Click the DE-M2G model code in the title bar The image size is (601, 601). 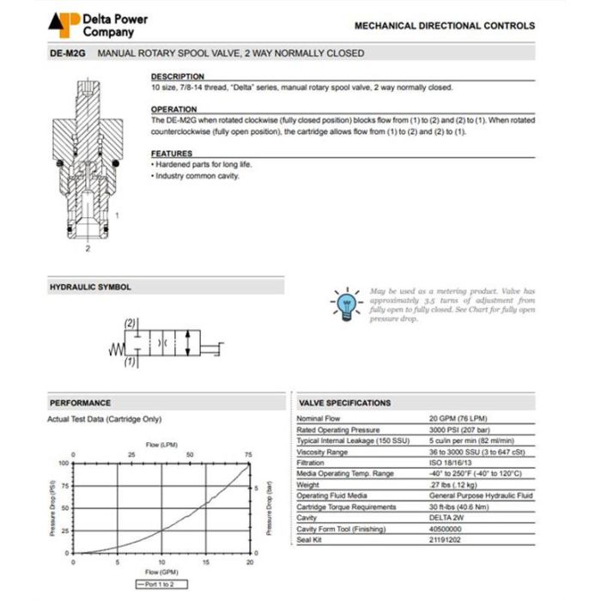click(68, 53)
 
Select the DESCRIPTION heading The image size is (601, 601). click(177, 76)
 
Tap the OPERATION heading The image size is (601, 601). click(174, 109)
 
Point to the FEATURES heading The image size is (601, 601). click(172, 153)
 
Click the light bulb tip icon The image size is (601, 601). click(345, 303)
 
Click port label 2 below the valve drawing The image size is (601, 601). click(87, 249)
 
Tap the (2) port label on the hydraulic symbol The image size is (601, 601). click(129, 323)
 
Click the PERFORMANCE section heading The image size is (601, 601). click(80, 403)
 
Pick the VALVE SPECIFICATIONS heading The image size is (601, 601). click(344, 403)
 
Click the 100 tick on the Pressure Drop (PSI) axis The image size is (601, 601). click(63, 462)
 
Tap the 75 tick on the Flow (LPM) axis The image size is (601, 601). click(248, 454)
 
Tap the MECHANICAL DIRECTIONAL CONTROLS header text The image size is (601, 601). click(444, 26)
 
